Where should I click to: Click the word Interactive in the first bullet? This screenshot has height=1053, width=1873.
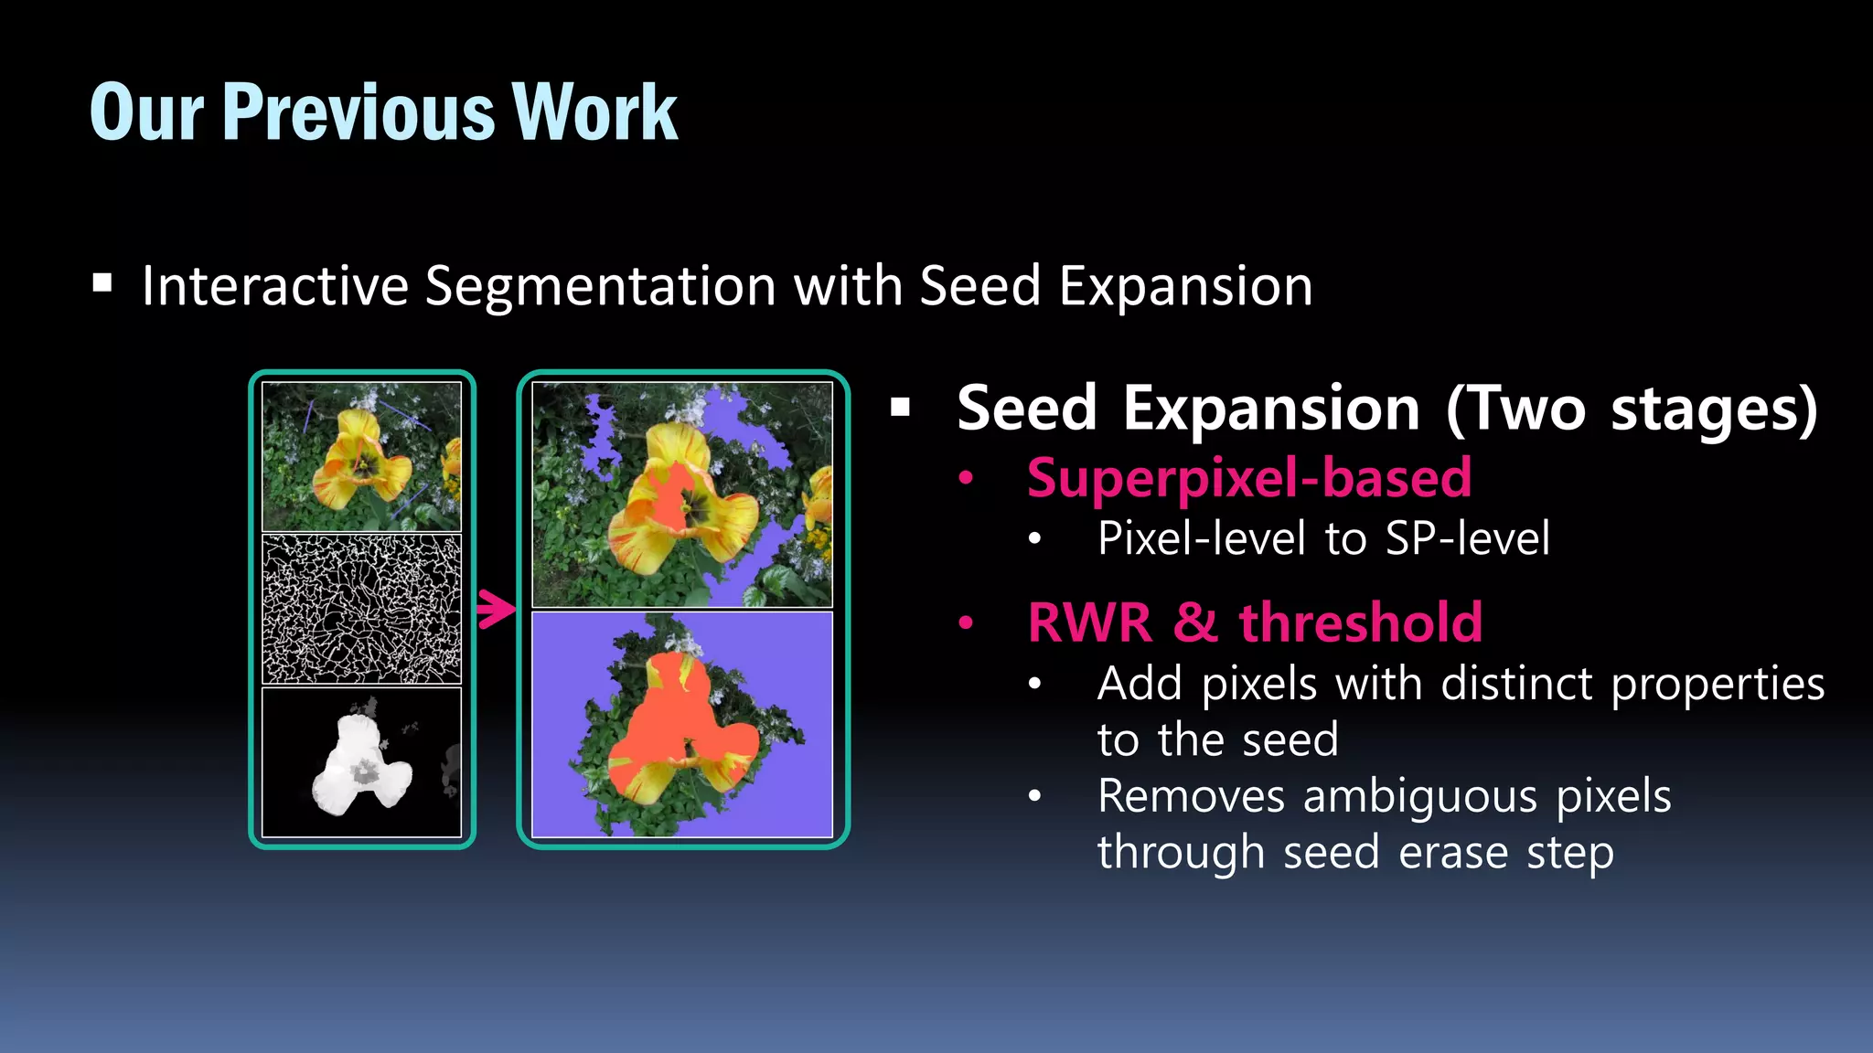pos(274,286)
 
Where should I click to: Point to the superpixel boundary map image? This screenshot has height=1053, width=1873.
pos(361,610)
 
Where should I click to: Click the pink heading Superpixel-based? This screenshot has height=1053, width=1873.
pos(1249,478)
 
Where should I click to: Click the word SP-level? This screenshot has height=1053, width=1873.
pos(1467,538)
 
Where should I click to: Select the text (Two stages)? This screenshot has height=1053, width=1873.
pos(1632,409)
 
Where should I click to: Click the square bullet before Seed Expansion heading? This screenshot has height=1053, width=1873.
pos(901,408)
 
